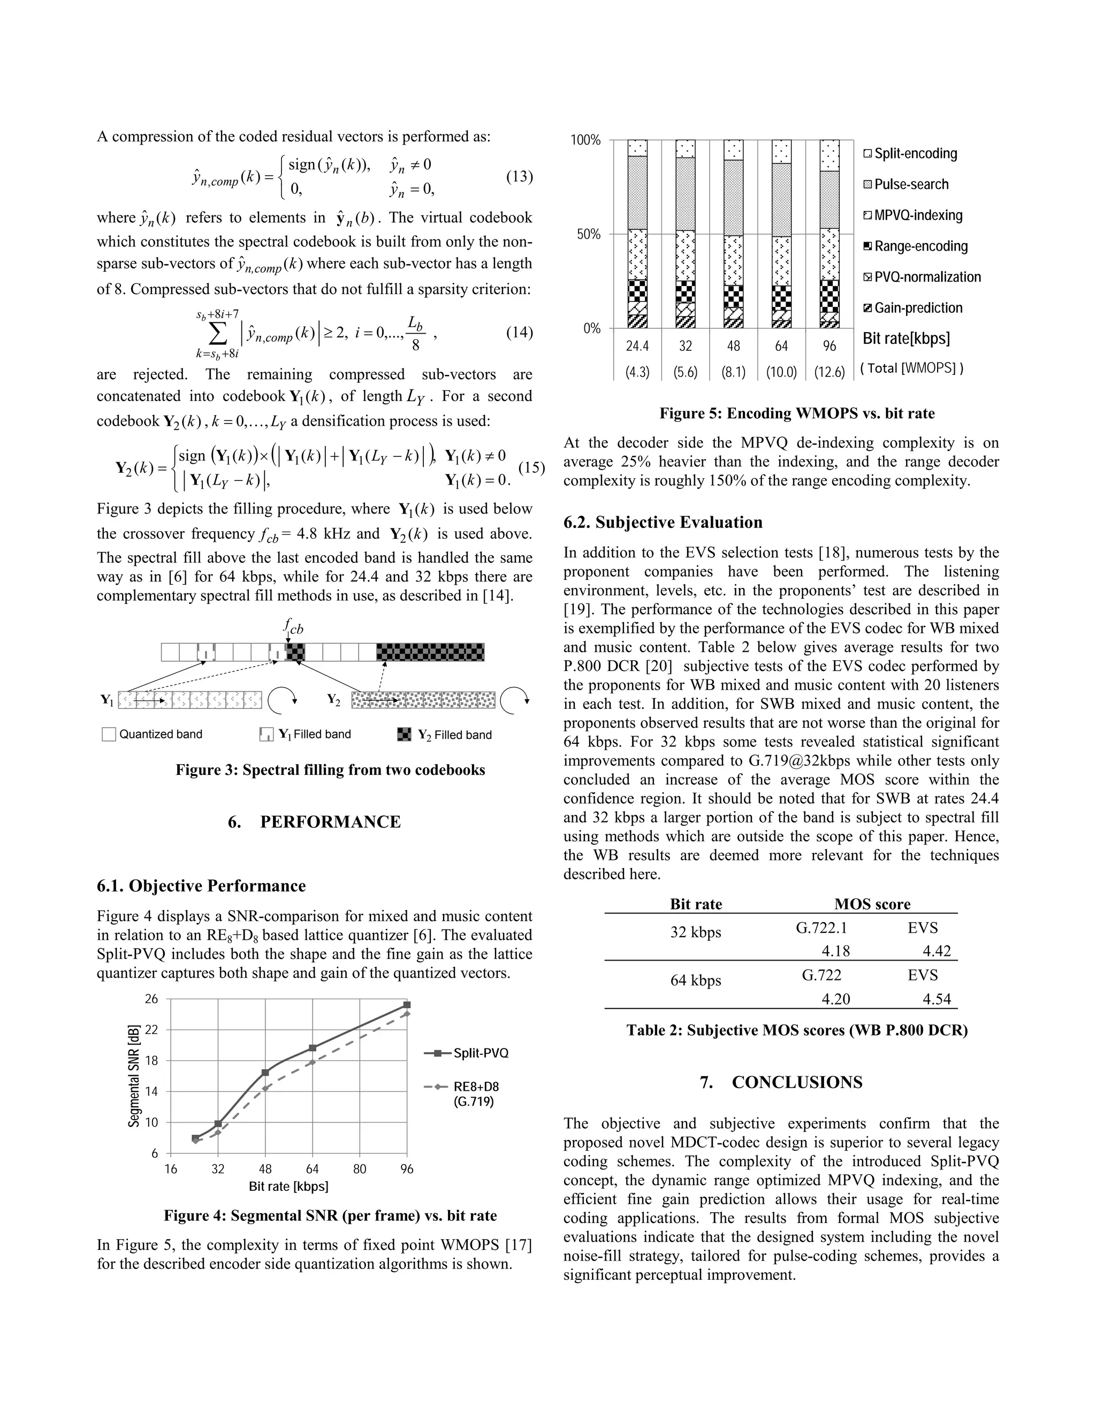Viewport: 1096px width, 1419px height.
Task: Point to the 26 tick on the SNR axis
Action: click(151, 999)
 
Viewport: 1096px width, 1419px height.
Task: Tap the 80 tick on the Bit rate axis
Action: click(360, 1169)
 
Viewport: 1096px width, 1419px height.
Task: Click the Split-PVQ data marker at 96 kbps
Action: click(407, 1005)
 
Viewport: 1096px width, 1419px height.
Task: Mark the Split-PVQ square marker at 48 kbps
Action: click(265, 1073)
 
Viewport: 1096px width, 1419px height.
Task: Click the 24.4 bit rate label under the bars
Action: click(637, 346)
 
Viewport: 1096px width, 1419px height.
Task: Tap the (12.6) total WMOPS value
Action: click(830, 372)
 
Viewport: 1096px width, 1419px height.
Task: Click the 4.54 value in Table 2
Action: click(937, 999)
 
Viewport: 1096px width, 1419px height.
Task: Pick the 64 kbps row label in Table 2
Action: click(695, 980)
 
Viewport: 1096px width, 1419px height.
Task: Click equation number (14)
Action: click(519, 333)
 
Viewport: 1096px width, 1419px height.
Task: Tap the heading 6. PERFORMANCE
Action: click(314, 822)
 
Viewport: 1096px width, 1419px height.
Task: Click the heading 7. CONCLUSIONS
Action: click(781, 1082)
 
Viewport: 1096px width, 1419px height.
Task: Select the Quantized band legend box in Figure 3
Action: click(109, 735)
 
